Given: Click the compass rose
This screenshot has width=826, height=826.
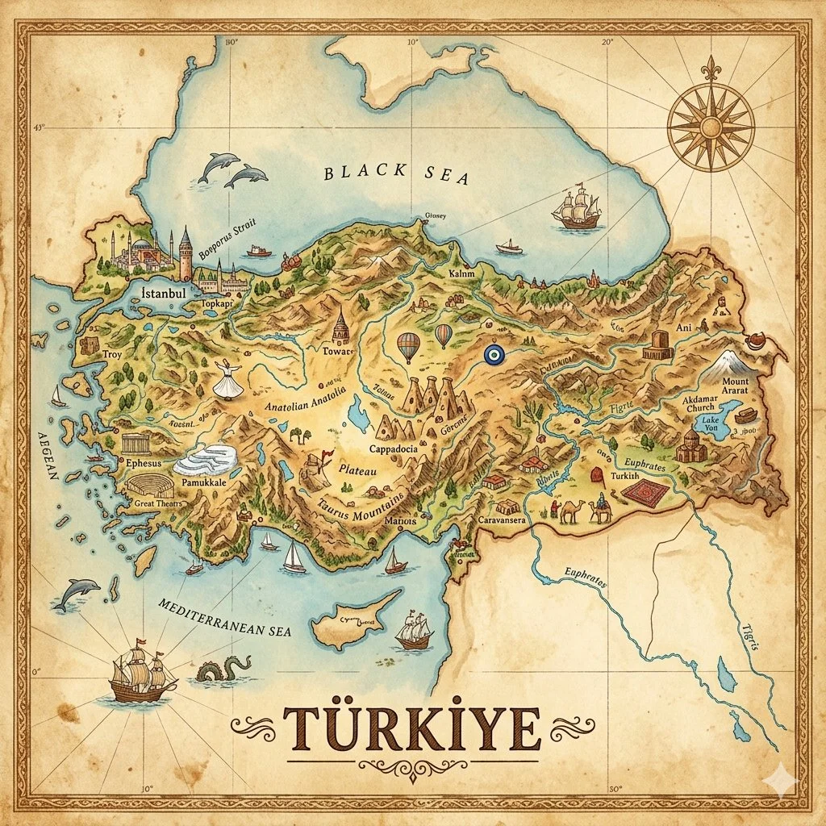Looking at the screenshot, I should tap(711, 126).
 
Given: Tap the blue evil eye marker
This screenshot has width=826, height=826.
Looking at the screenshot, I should tap(491, 353).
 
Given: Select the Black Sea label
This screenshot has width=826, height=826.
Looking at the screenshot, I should tap(395, 174).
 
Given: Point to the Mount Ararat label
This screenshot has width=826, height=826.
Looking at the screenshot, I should tap(734, 386).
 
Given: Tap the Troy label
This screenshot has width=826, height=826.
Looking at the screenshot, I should tap(111, 354).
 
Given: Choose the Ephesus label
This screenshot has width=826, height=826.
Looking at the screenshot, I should tap(145, 464).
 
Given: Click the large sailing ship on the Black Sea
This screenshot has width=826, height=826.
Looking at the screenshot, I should tap(577, 208).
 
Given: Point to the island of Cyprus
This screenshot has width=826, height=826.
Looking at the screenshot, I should tap(351, 620).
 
